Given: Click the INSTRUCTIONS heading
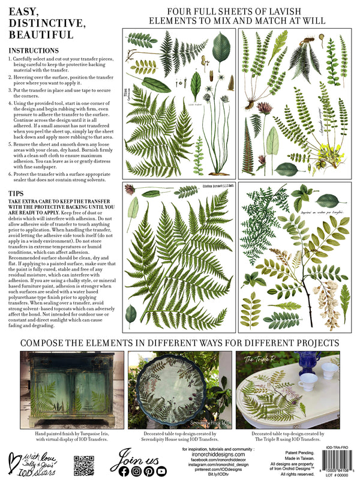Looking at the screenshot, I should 34,50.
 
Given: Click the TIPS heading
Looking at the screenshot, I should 17,193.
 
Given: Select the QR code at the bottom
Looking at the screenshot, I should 84,466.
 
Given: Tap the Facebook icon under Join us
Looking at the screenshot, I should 124,471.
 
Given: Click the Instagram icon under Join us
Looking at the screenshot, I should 137,471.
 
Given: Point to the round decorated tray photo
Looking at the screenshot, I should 179,390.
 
